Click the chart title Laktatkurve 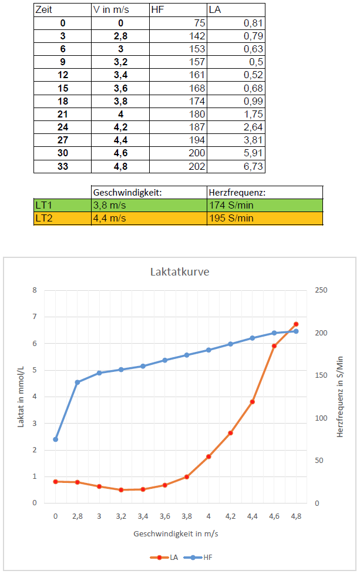coord(180,273)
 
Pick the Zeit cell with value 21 coord(63,114)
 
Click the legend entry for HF coord(203,558)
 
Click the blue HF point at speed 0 coord(56,439)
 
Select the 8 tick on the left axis coord(34,290)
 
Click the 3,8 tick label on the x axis coord(186,516)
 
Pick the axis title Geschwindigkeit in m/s coord(176,534)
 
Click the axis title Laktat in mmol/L coord(21,397)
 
